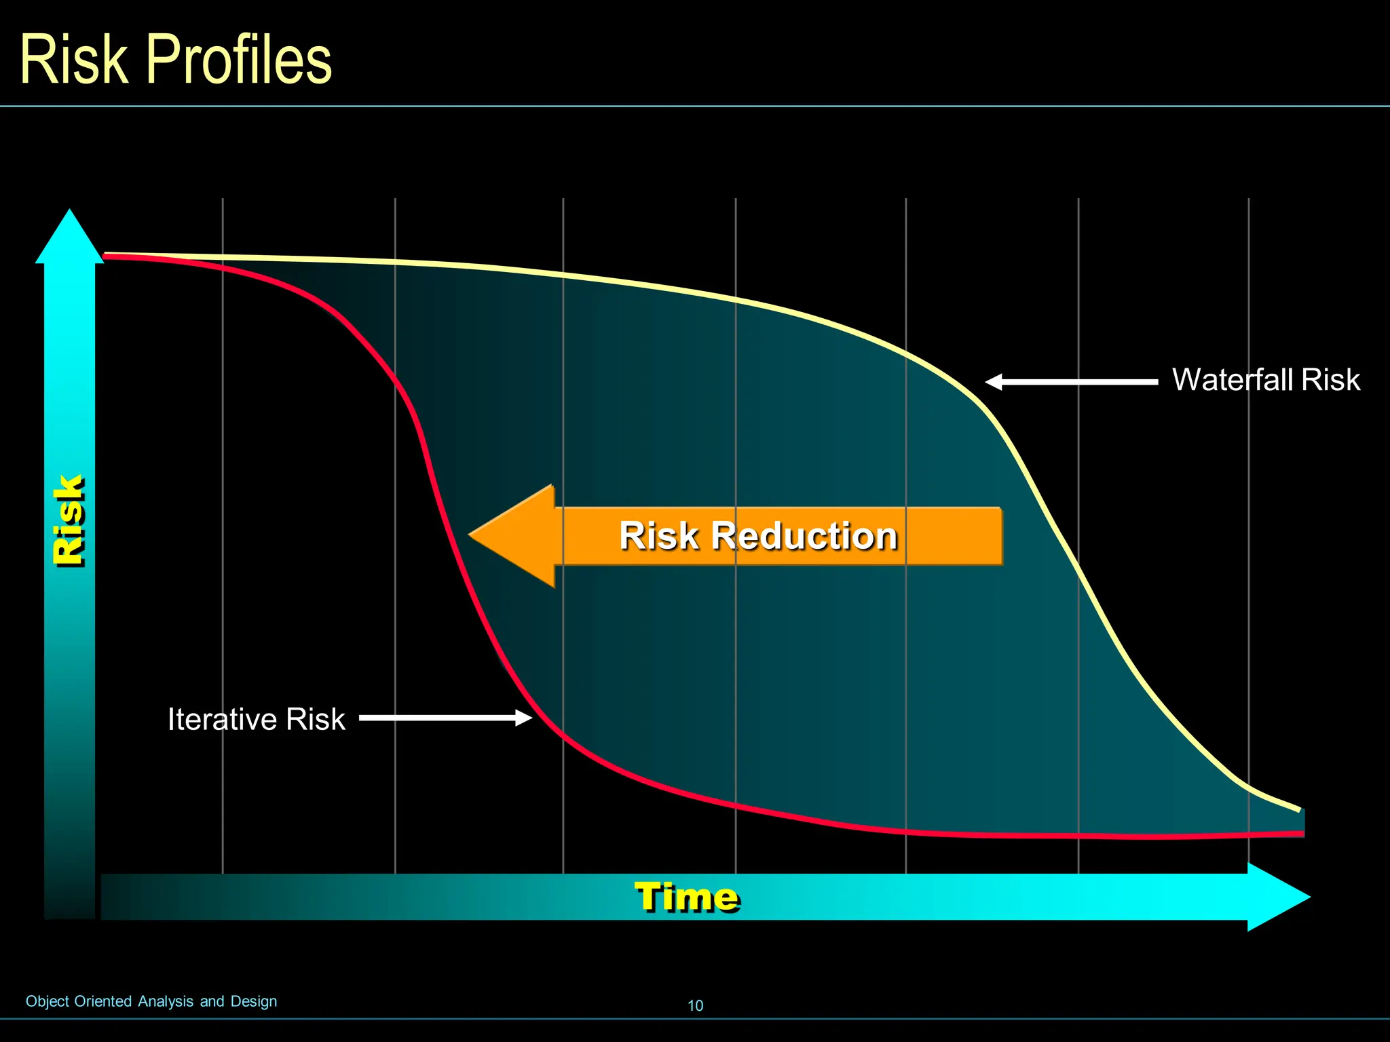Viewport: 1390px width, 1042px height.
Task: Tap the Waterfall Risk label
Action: coord(1266,380)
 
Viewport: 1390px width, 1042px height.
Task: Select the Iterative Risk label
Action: coord(256,719)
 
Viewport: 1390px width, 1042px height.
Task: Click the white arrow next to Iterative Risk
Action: coord(445,718)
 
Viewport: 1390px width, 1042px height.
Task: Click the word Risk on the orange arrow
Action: coord(658,536)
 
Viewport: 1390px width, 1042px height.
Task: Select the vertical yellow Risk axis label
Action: coord(69,520)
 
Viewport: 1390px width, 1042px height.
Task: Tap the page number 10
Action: coord(695,1005)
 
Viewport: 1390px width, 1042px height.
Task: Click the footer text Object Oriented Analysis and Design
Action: coord(151,1001)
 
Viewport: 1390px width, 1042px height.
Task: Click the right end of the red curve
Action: coord(1301,833)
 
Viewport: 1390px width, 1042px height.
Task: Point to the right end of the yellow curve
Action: coord(1298,809)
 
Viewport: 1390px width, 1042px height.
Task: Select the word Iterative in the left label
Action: coord(223,719)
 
